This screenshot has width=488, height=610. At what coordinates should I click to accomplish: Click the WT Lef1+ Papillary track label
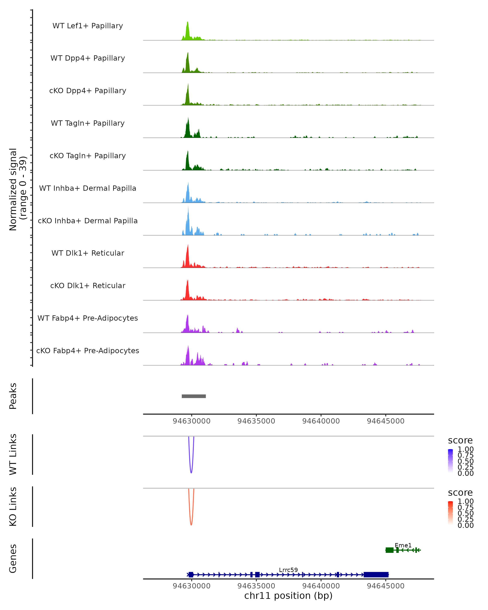(x=88, y=26)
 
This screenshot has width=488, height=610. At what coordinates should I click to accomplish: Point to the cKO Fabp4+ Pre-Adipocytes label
(x=88, y=351)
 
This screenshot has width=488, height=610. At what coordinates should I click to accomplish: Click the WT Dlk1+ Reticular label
(x=88, y=253)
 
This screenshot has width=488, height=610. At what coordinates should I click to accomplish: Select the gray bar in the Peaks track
(x=194, y=396)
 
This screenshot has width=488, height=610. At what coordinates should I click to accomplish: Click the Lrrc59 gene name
(x=288, y=570)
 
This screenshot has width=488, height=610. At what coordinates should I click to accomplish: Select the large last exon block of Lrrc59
(x=376, y=575)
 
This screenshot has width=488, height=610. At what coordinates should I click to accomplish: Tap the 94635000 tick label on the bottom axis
(x=256, y=586)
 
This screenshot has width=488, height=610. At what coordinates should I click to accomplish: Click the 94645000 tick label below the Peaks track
(x=386, y=421)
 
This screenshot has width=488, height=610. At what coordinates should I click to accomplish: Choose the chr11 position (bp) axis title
(x=288, y=596)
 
